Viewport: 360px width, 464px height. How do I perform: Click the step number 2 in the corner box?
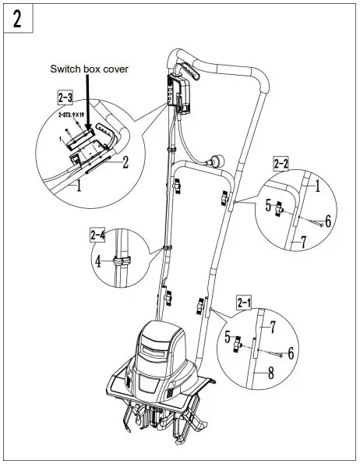(x=16, y=17)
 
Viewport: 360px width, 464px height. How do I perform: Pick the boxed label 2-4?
(x=97, y=234)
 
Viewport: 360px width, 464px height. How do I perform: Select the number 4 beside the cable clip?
(x=98, y=263)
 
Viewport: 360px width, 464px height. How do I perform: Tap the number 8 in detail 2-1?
(x=270, y=373)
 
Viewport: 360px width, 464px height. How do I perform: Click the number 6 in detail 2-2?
(x=327, y=221)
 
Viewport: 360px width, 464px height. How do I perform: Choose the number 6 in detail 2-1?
(x=291, y=352)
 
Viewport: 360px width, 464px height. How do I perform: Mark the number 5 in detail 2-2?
(x=268, y=207)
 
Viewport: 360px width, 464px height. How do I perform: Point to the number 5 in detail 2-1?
(x=228, y=338)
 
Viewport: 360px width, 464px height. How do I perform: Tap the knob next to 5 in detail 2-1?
(x=242, y=343)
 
